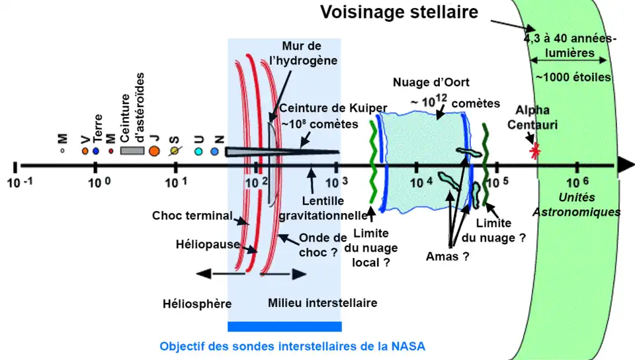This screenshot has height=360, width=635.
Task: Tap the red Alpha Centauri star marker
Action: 534,150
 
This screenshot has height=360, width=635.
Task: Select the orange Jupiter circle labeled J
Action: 153,151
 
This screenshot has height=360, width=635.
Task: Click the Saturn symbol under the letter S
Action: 174,151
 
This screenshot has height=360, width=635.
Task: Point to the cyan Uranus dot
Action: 198,152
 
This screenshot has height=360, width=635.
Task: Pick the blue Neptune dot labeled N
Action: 214,152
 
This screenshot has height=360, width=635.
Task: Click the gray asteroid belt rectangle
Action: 132,151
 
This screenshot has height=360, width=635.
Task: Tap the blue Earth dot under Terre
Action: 96,151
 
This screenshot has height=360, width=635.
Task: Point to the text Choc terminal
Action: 192,216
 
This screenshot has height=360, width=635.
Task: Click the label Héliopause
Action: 198,245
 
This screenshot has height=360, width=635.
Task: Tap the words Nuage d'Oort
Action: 431,83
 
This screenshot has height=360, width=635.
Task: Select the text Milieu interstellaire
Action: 322,303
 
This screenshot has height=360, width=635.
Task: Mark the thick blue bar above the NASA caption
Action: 284,326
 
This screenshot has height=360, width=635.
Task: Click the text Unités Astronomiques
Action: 576,205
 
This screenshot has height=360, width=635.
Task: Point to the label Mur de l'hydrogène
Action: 308,53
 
